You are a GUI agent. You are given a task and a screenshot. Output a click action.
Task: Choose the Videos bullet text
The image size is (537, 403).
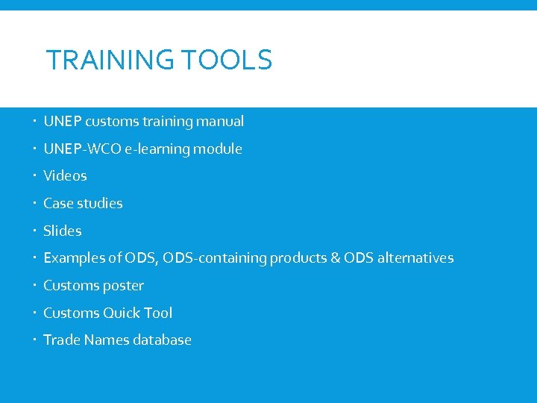coord(65,176)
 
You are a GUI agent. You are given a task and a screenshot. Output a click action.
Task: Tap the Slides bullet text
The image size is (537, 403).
coord(63,231)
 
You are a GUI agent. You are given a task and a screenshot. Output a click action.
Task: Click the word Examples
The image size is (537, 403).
coord(73,258)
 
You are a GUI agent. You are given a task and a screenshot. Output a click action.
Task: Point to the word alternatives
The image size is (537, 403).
coord(415,258)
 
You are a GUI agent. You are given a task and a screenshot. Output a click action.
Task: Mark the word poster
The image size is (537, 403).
coord(123,286)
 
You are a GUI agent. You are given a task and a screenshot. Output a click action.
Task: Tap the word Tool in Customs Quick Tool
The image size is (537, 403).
coord(159,313)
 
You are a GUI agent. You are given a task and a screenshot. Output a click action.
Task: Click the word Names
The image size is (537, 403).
coord(107,340)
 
